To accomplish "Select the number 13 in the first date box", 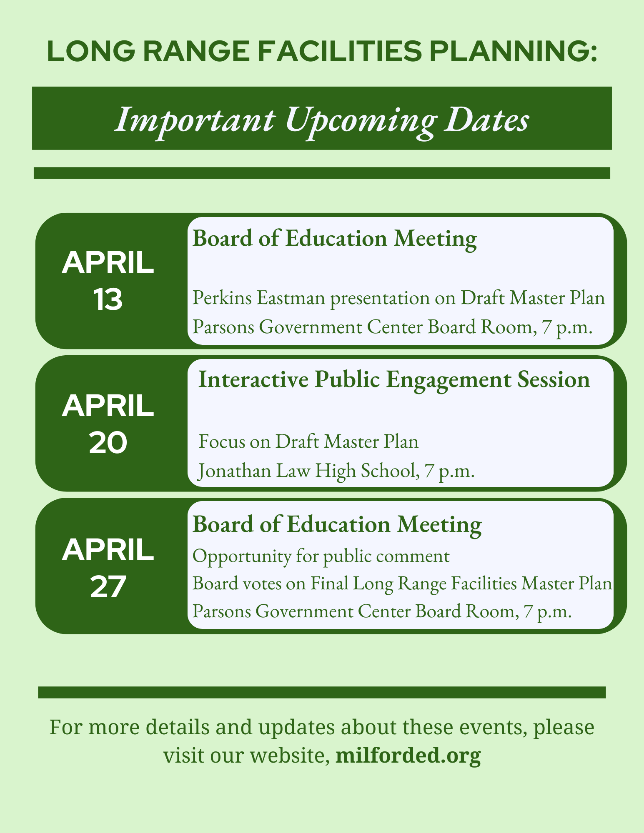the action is [108, 300].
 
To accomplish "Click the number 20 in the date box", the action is [108, 444].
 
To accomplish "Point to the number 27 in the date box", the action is [108, 587].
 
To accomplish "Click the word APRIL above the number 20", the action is [108, 406].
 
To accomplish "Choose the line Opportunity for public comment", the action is [321, 556].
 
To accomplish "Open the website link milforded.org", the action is [408, 756].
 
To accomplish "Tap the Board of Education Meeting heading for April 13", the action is [335, 239].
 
